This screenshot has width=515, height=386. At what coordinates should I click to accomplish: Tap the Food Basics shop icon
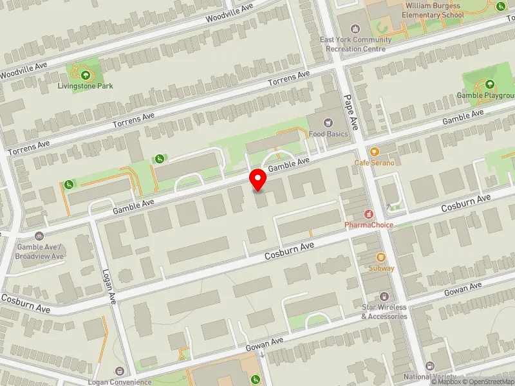[329, 123]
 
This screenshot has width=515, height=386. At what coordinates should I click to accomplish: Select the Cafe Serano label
[374, 163]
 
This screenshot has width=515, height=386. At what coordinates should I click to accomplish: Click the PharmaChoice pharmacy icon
[369, 214]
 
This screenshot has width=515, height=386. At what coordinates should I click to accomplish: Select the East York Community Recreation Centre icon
[355, 29]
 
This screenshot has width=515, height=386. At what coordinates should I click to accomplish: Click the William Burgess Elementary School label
[434, 10]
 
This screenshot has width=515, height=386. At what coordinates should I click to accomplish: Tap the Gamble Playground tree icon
[489, 84]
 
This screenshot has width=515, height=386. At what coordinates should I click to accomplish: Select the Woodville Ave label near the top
[230, 12]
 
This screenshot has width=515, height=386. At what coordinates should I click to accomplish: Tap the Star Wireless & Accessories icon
[384, 297]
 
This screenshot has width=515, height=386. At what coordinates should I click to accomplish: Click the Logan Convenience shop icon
[119, 371]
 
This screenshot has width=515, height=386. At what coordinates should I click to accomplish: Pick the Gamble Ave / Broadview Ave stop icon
[40, 236]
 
